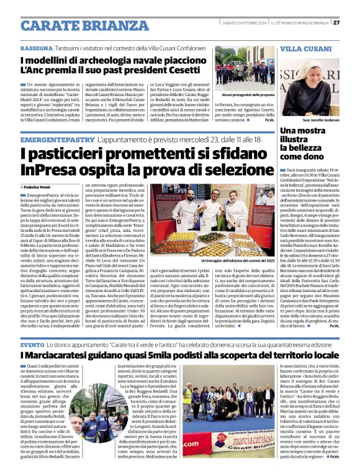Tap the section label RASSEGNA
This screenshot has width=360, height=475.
(37, 48)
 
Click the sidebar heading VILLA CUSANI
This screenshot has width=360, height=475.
(306, 48)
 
